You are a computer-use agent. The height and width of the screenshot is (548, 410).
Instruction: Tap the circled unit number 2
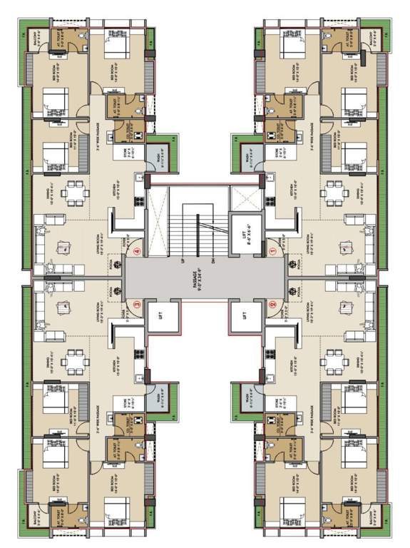click(272, 304)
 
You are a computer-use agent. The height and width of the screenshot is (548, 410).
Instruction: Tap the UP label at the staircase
click(183, 261)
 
